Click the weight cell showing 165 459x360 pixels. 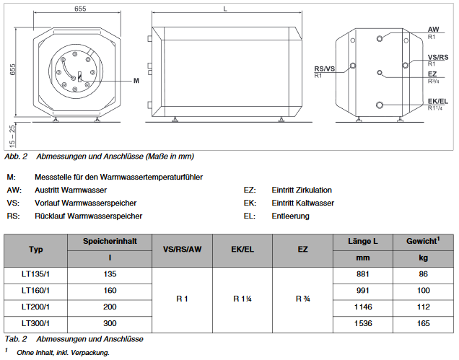click(x=423, y=323)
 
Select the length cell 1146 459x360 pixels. click(x=364, y=307)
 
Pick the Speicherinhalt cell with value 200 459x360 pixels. click(x=110, y=307)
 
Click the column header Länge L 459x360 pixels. click(x=364, y=240)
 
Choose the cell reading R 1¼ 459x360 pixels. click(x=242, y=299)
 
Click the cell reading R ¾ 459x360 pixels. click(x=302, y=299)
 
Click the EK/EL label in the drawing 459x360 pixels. click(x=438, y=101)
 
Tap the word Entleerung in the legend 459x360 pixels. click(x=290, y=216)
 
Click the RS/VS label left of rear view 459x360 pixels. click(x=325, y=69)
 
